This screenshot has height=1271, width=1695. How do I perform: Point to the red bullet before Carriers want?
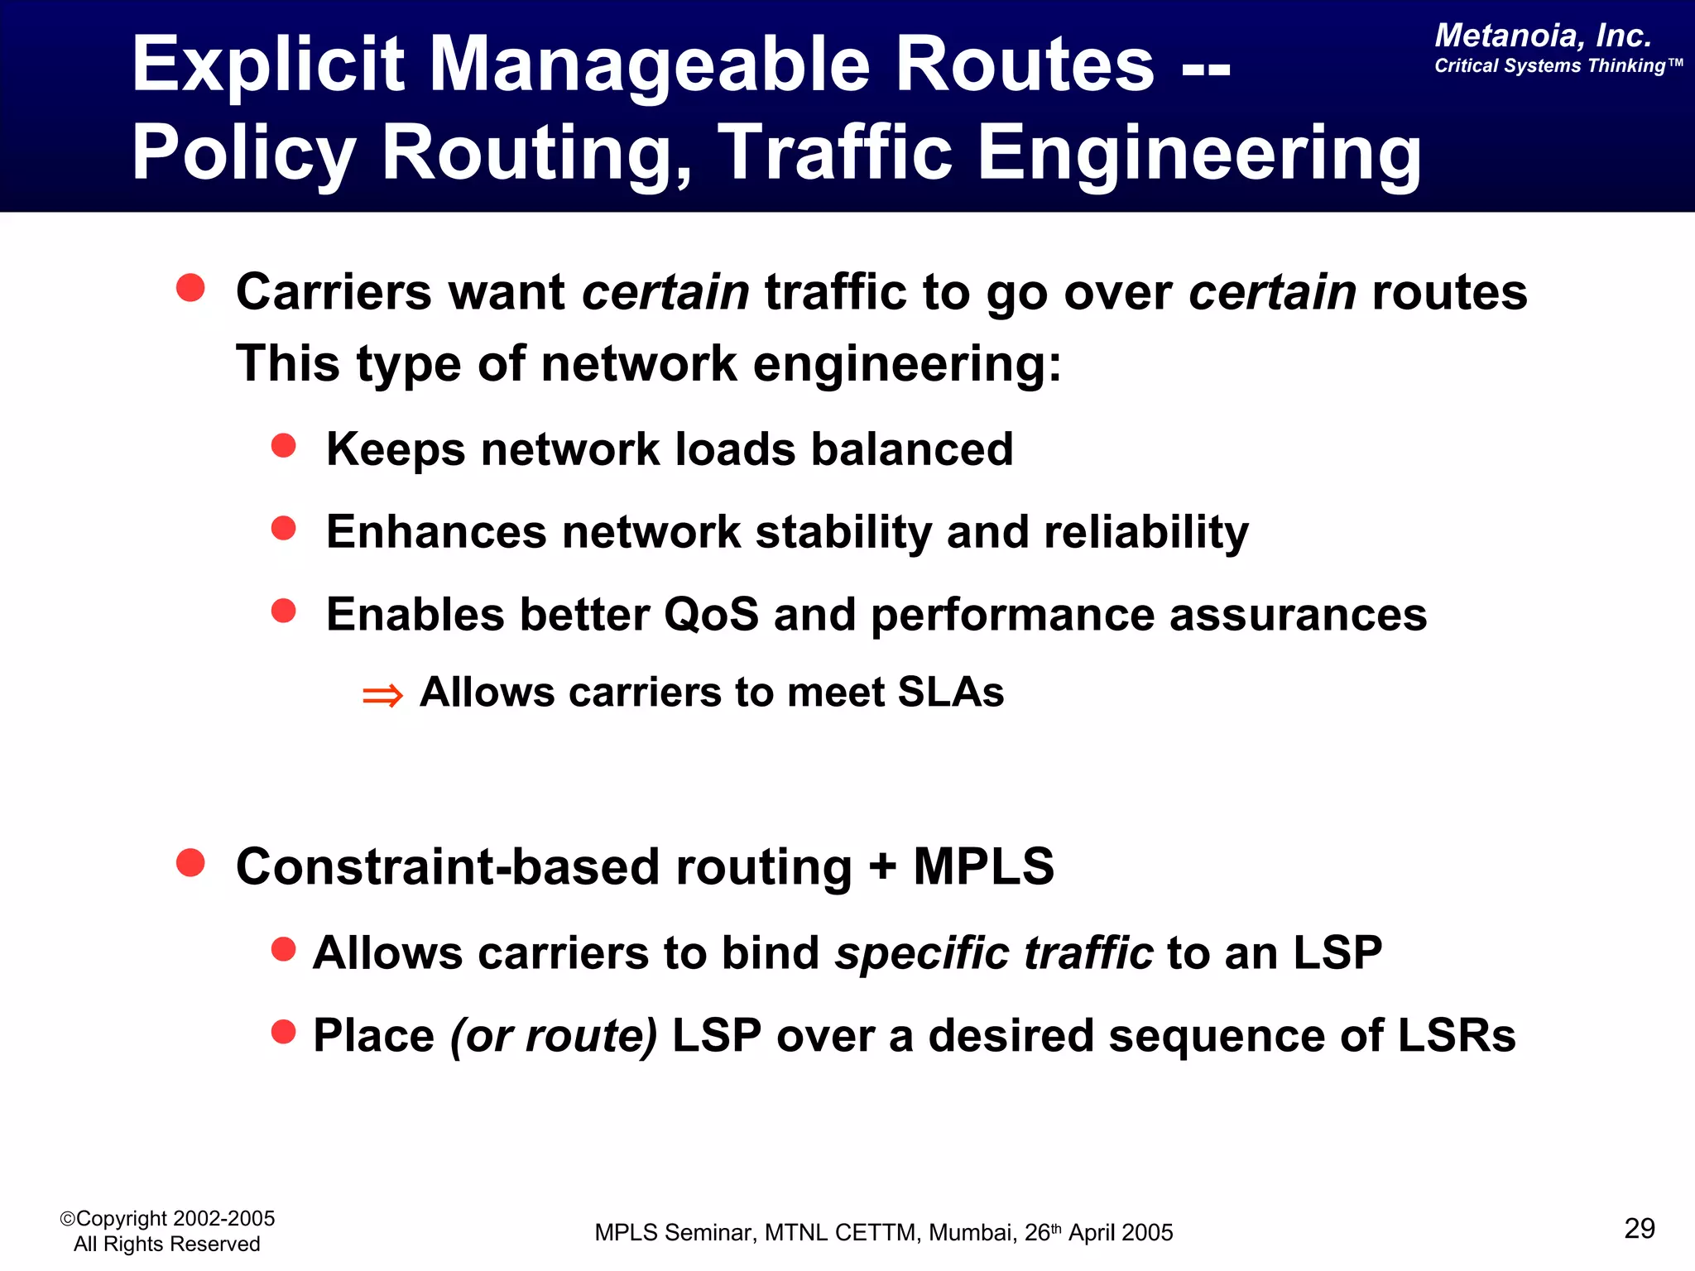tap(190, 288)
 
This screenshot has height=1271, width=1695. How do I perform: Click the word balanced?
tap(911, 449)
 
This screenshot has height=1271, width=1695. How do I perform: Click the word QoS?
tap(711, 615)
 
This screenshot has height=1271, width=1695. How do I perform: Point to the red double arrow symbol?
tap(382, 695)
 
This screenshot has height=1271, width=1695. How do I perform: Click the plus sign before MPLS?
tap(882, 867)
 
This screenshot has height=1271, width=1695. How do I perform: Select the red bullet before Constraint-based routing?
tap(190, 862)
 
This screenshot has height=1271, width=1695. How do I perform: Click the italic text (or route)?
tap(553, 1035)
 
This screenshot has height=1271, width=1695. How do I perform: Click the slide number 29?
tap(1639, 1228)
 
